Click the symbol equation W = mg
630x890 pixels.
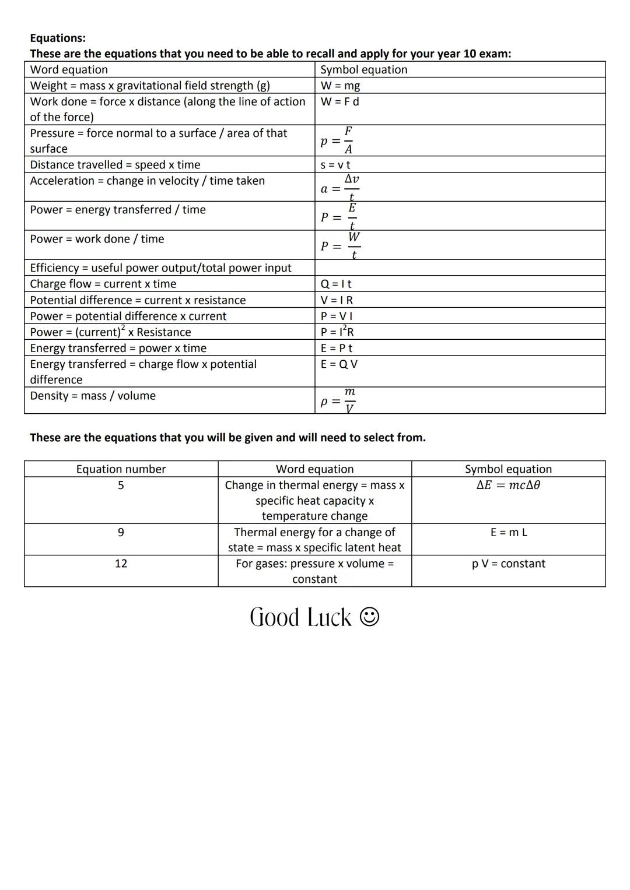(340, 86)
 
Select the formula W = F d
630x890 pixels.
(339, 101)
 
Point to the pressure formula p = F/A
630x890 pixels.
(338, 140)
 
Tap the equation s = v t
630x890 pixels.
(335, 165)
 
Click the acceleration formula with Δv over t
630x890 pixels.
(340, 188)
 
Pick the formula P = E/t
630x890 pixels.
(339, 216)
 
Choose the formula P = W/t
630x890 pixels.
(340, 245)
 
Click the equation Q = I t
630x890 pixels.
(336, 284)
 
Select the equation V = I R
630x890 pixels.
(337, 300)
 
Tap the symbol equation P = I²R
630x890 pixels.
(337, 332)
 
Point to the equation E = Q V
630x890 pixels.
(339, 364)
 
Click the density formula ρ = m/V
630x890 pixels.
(338, 400)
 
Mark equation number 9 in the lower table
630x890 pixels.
(121, 532)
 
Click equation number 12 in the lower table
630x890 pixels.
(121, 564)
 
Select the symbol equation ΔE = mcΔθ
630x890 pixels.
(508, 486)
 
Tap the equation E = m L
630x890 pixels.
(509, 532)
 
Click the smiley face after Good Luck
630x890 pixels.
(369, 617)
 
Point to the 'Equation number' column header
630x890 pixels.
(121, 469)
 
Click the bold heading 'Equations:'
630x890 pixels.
(58, 38)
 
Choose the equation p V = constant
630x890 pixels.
(508, 564)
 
